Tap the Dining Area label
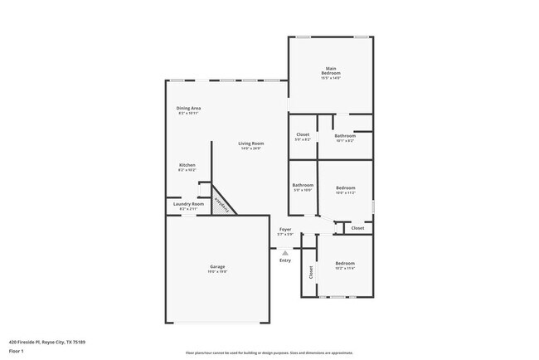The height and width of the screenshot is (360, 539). pyautogui.click(x=188, y=109)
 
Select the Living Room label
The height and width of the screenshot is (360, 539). pyautogui.click(x=251, y=144)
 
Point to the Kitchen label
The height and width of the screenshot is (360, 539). pyautogui.click(x=187, y=165)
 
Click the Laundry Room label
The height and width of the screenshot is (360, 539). pyautogui.click(x=188, y=203)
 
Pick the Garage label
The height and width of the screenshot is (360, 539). pyautogui.click(x=217, y=267)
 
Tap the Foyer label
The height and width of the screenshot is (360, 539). pyautogui.click(x=285, y=229)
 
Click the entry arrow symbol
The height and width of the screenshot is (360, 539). pyautogui.click(x=285, y=252)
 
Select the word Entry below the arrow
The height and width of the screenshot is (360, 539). pyautogui.click(x=285, y=260)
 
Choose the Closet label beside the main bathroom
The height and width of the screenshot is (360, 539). pyautogui.click(x=303, y=134)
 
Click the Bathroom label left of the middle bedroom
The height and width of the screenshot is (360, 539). pyautogui.click(x=303, y=185)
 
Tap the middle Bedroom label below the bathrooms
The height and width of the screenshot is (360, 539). pyautogui.click(x=345, y=188)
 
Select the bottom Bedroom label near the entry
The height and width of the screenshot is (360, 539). pyautogui.click(x=345, y=263)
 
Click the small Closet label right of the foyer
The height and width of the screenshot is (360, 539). pyautogui.click(x=357, y=227)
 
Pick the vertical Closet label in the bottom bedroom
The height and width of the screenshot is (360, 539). pyautogui.click(x=311, y=271)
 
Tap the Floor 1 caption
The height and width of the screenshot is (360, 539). pyautogui.click(x=17, y=352)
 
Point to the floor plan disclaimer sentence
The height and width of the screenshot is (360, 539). pyautogui.click(x=269, y=352)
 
